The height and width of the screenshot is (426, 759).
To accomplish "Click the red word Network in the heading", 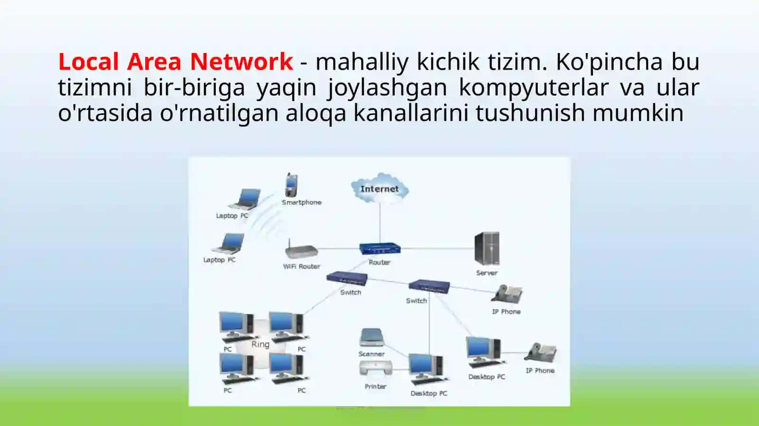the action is pos(241,62).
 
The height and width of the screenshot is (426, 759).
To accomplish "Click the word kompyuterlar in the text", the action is pos(534,88).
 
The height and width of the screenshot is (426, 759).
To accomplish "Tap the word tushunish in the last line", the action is pos(531,113).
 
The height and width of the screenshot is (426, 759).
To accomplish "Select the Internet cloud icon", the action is pos(380,189).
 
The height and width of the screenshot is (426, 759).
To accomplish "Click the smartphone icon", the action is pos(291,185).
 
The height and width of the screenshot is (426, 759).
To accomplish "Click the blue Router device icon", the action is pos(380,249).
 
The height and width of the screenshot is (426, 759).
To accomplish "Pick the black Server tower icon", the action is pos(487,248).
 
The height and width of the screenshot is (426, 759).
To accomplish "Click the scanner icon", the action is pos(372,337).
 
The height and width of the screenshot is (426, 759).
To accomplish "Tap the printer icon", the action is pos(376,369).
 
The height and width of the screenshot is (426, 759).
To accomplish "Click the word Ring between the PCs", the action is pos(260,344).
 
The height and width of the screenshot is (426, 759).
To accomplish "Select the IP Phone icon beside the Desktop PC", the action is pos(540,353).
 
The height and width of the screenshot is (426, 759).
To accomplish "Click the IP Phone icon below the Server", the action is pos(507,294).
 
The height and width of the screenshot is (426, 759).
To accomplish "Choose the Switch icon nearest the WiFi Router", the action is pos(347,279).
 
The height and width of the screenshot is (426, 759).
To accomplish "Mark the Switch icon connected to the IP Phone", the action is pos(429,287).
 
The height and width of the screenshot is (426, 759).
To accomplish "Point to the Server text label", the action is pos(487,273).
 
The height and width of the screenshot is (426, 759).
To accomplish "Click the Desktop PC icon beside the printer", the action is pos(428,369).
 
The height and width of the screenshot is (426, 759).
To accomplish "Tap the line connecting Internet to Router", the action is pos(380,223).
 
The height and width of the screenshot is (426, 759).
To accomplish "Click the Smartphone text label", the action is pos(302,202).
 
